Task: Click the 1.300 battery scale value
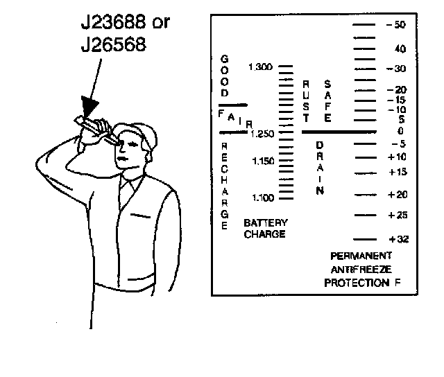[261, 67]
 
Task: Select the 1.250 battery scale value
[261, 133]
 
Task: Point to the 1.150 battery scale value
[261, 161]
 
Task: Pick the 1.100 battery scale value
[261, 198]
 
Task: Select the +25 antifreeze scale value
[397, 216]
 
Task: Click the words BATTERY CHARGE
[264, 229]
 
